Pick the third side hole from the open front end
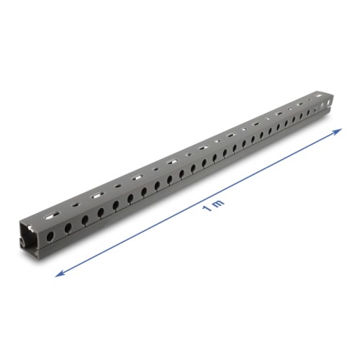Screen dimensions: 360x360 (84, 216)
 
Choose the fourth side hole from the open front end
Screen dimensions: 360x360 (100, 209)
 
